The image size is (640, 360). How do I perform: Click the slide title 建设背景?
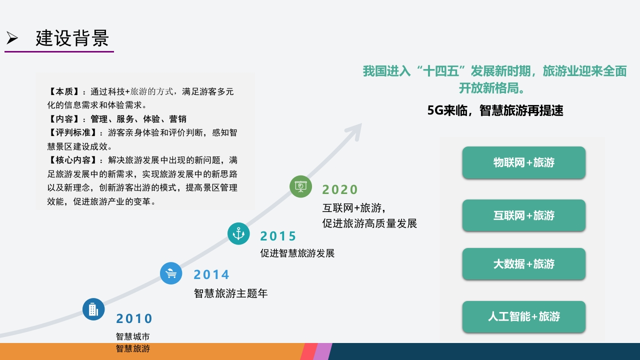click(72, 38)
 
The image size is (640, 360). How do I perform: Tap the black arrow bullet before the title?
click(12, 38)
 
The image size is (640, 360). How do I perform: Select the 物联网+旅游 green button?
click(523, 162)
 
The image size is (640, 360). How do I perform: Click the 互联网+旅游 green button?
click(523, 215)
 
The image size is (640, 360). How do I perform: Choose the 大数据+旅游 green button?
click(523, 264)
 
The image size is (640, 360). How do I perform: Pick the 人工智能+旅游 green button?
click(523, 316)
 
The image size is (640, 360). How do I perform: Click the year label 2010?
click(134, 318)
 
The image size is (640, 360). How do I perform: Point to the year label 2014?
click(211, 274)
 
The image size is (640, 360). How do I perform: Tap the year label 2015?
click(278, 236)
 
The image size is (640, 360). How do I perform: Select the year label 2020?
click(339, 189)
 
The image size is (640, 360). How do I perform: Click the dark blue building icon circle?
click(93, 309)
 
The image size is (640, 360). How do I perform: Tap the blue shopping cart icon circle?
click(171, 273)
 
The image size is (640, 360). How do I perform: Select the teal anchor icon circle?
click(238, 233)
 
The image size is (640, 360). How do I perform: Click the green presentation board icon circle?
click(300, 186)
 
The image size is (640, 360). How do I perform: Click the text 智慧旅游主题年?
click(230, 293)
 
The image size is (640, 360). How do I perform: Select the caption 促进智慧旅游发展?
click(297, 253)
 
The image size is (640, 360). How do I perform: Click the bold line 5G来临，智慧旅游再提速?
click(495, 110)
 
